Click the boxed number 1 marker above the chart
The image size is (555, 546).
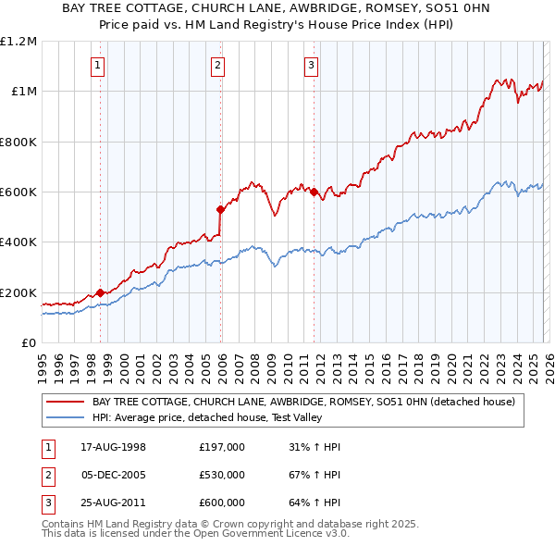tap(98, 65)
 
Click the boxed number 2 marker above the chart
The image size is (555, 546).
tap(217, 65)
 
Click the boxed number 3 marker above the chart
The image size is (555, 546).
tap(312, 65)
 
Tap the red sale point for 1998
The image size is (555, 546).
tap(100, 293)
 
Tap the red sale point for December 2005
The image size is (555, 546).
tap(220, 209)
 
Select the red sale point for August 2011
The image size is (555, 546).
tap(314, 192)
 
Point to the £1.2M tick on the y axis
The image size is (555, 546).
tap(18, 42)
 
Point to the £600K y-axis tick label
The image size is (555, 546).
tap(18, 192)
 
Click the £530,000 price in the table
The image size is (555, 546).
tap(222, 475)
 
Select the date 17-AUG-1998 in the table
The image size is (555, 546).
tap(113, 447)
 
